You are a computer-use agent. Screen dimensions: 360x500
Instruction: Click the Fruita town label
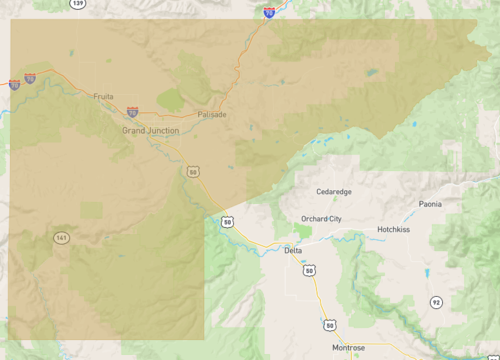(x=103, y=97)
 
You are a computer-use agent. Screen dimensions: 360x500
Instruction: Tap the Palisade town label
(x=212, y=114)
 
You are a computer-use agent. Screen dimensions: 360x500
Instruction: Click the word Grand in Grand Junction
(x=133, y=131)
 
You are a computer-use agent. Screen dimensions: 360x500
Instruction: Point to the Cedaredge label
(x=334, y=190)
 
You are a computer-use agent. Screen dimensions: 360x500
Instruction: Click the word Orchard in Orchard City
(x=313, y=218)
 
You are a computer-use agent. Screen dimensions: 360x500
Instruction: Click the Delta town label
(x=293, y=250)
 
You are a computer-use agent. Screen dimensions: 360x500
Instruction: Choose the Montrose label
(x=349, y=347)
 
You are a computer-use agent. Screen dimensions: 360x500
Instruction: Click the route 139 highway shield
(x=79, y=4)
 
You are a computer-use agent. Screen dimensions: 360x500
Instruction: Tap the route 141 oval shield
(x=62, y=238)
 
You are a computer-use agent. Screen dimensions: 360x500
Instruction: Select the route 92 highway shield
(x=435, y=301)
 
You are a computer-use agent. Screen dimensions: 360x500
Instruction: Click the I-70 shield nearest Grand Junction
(x=132, y=112)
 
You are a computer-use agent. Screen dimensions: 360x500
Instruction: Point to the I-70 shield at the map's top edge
(x=269, y=14)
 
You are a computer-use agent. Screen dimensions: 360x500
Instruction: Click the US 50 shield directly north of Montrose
(x=330, y=324)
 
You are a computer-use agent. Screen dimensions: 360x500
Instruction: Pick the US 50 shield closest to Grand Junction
(x=192, y=172)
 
